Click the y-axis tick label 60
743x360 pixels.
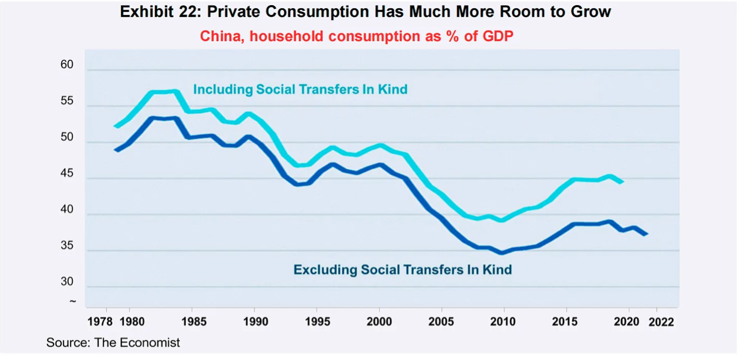(x=68, y=65)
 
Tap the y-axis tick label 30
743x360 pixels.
(x=68, y=282)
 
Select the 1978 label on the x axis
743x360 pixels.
(x=100, y=322)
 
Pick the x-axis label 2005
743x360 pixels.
(x=441, y=322)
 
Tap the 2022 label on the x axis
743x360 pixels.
(x=661, y=322)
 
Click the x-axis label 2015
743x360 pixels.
(x=565, y=322)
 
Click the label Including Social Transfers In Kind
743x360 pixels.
(x=300, y=89)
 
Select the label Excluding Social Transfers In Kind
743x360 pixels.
(x=403, y=270)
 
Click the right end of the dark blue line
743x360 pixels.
(x=647, y=234)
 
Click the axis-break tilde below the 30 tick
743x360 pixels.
(x=72, y=301)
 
